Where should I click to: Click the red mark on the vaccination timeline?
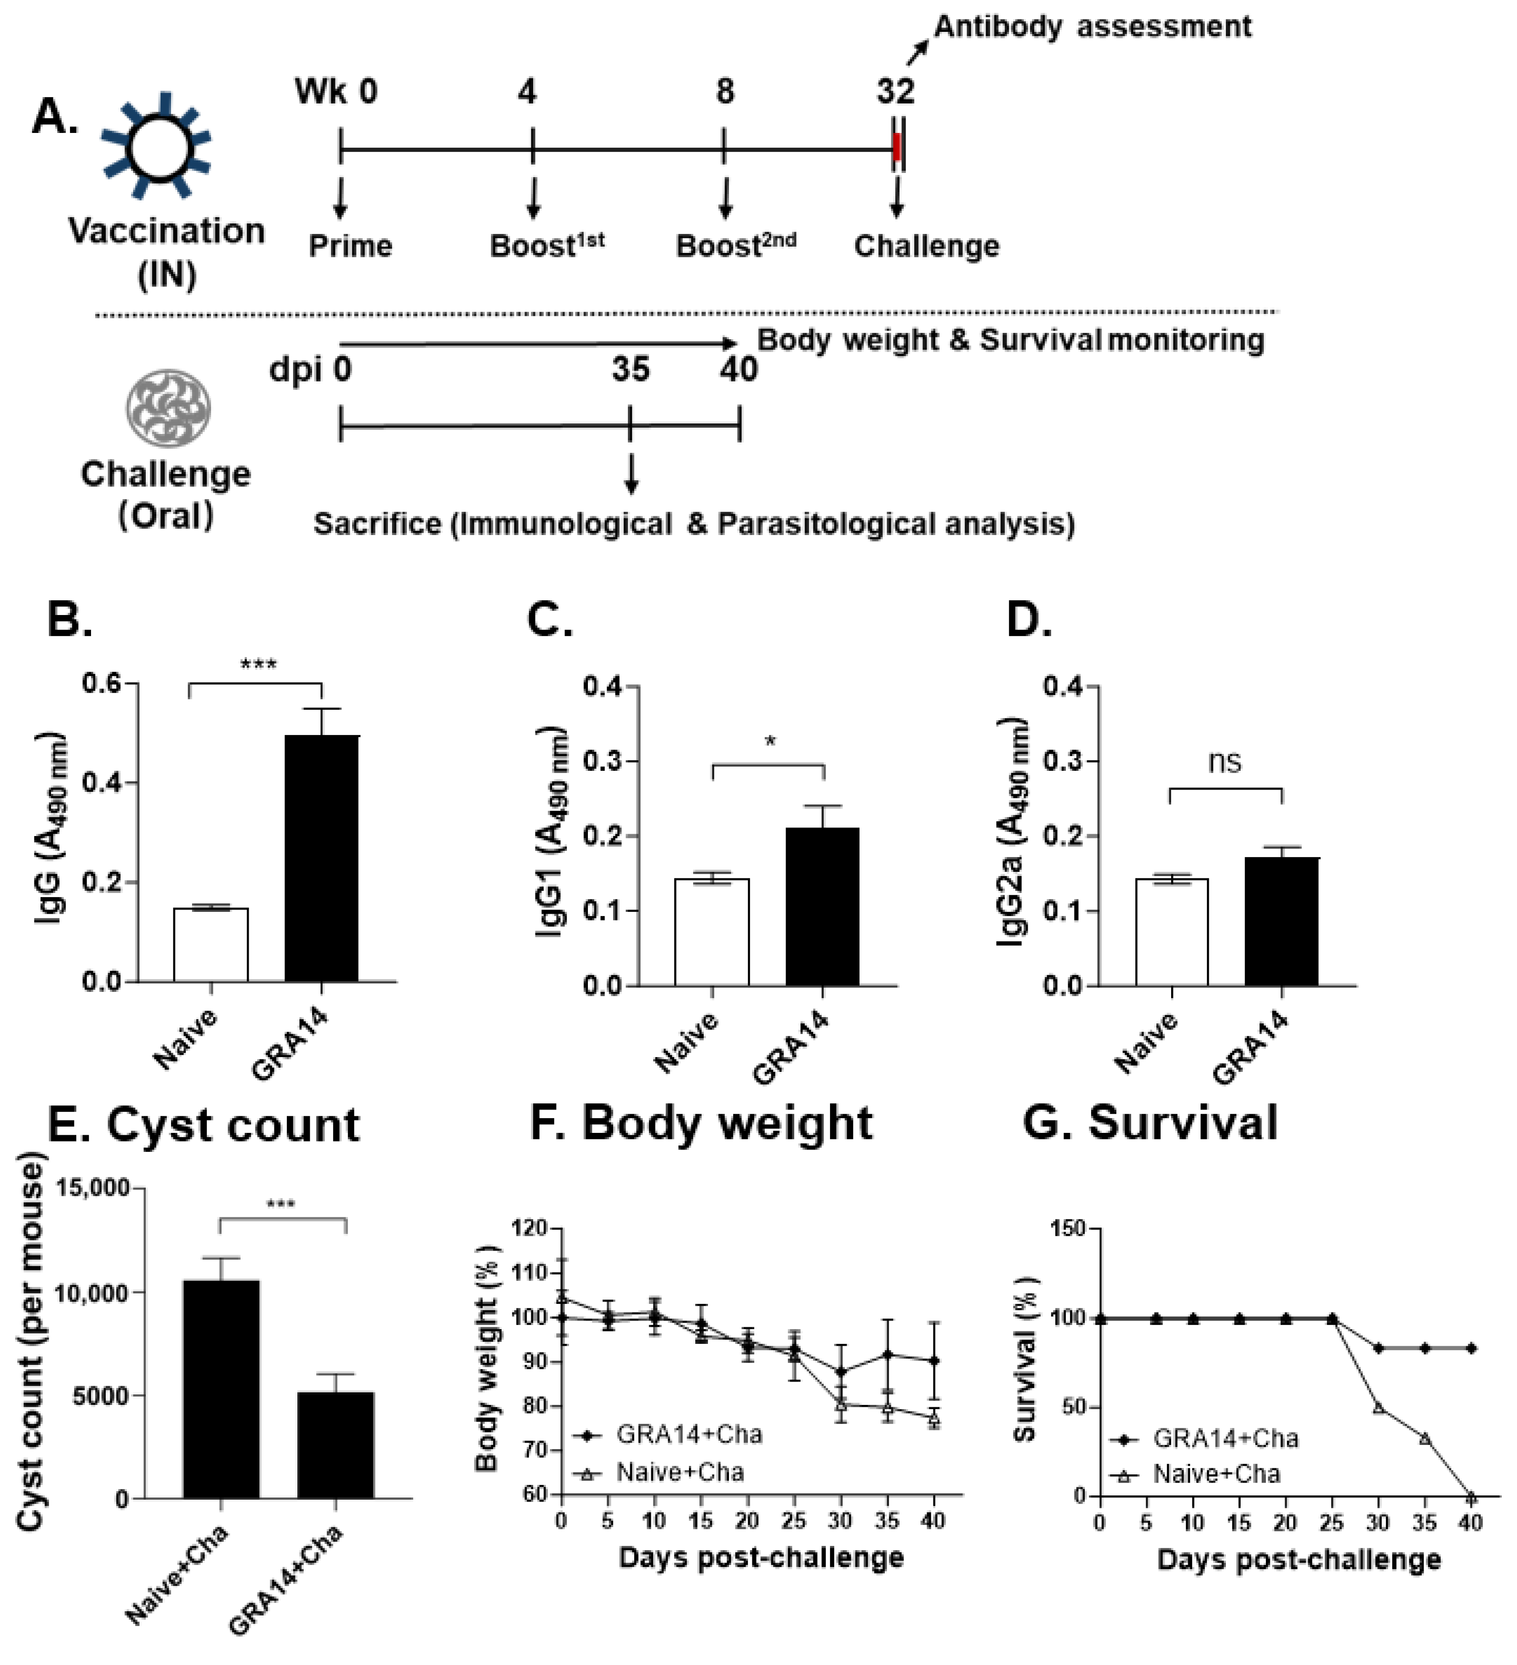click(897, 148)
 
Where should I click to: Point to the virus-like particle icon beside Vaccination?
click(157, 147)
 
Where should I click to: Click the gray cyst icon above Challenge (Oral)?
click(168, 408)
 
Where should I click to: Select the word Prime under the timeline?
click(350, 246)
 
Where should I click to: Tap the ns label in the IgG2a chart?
click(1224, 761)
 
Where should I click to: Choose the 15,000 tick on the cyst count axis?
click(92, 1189)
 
